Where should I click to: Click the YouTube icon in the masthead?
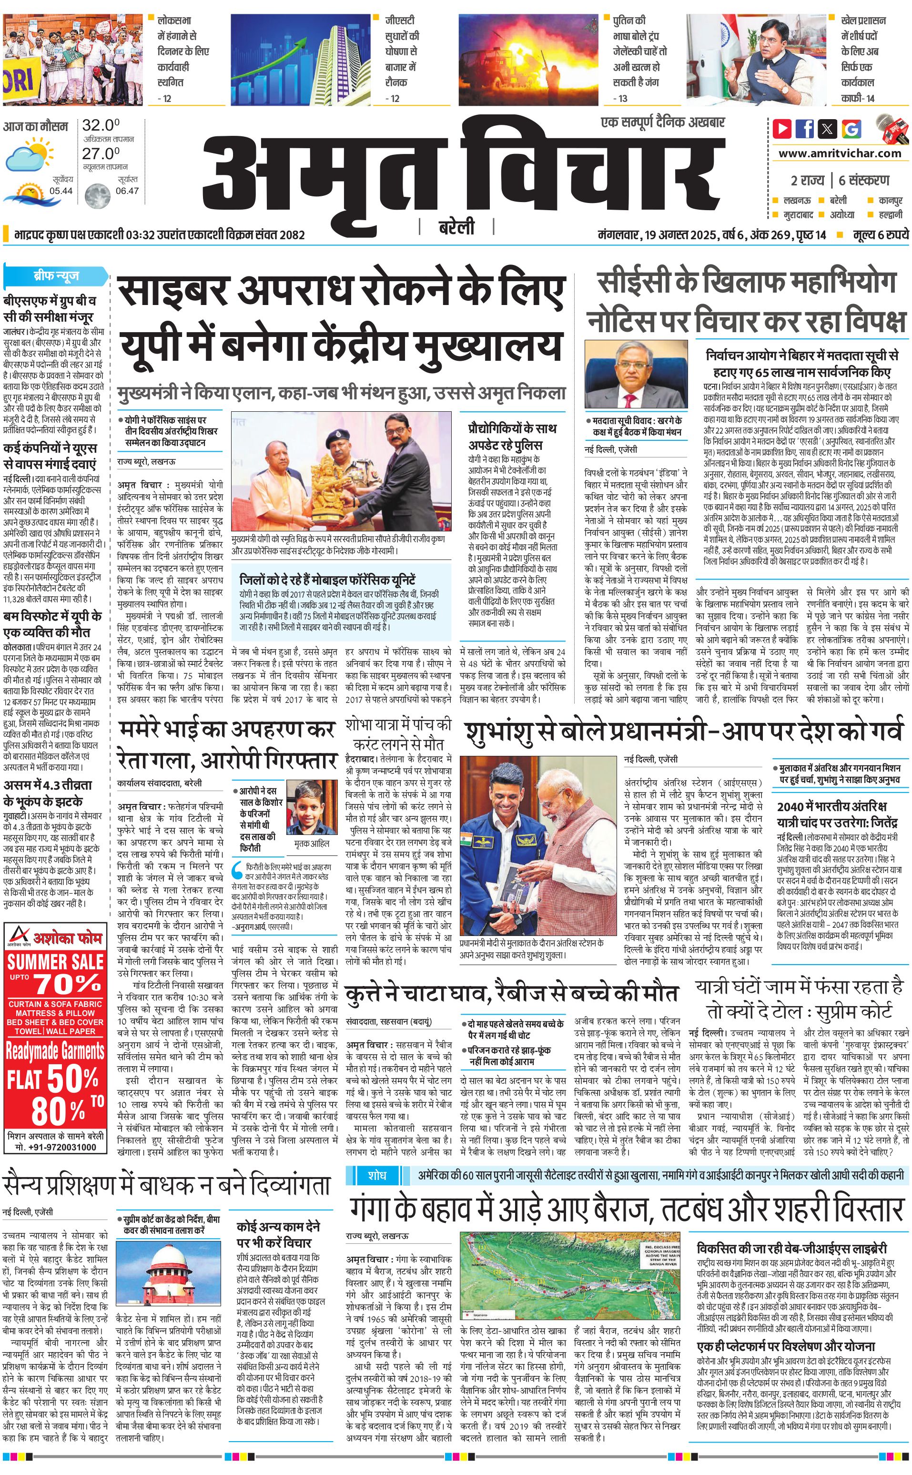782,129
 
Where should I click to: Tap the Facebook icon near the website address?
805,129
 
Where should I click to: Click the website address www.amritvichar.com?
840,153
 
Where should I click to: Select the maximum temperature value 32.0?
101,125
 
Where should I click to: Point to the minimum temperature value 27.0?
101,154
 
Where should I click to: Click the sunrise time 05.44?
61,191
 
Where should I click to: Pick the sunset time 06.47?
127,191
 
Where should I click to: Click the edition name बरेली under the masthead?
456,227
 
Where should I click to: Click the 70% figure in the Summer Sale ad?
67,984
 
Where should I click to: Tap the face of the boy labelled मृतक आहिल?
311,806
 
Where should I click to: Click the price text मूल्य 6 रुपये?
880,234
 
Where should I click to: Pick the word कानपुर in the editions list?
890,200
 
